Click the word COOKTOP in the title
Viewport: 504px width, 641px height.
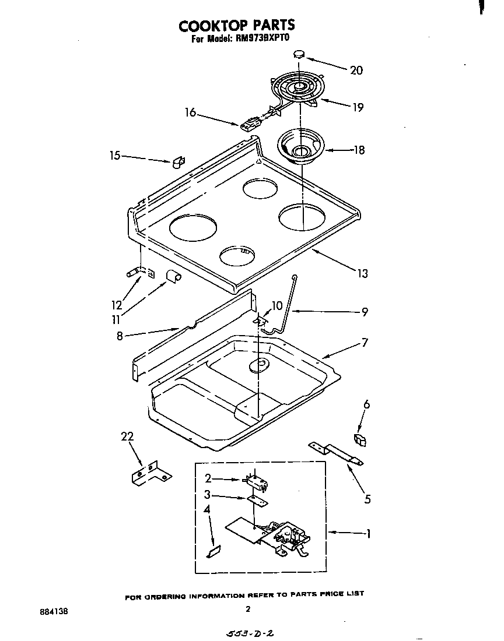(x=212, y=26)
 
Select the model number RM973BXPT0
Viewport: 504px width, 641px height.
(x=264, y=40)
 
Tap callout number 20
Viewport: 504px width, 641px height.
(x=356, y=71)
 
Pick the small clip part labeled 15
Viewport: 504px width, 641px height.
(x=178, y=161)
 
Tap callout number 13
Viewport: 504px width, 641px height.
(x=363, y=273)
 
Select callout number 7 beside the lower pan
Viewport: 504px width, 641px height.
(x=364, y=343)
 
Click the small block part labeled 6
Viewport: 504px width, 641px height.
(x=360, y=439)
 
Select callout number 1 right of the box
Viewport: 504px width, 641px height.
(x=367, y=533)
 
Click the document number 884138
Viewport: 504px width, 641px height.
(x=54, y=612)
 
